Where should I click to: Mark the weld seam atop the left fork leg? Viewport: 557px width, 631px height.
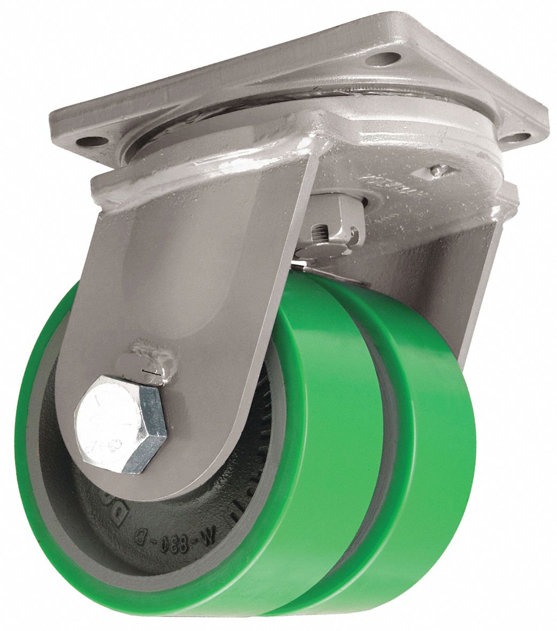click(x=214, y=177)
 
